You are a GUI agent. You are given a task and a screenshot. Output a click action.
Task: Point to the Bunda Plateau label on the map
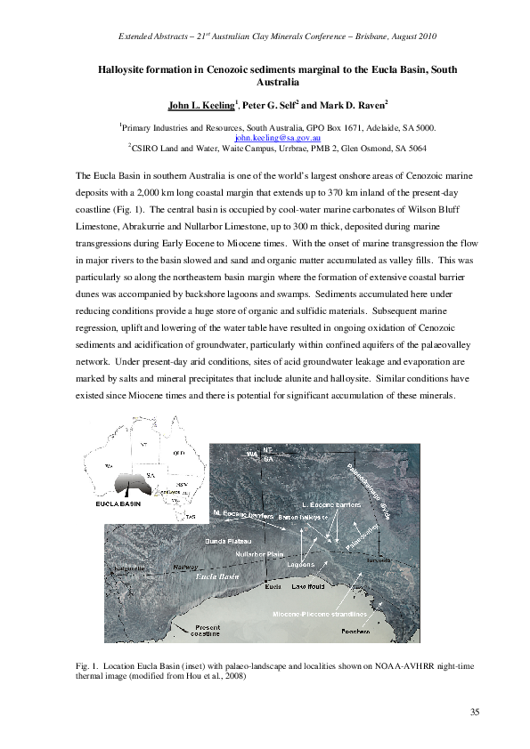pyautogui.click(x=230, y=541)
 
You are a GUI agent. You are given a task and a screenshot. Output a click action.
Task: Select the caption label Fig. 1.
pyautogui.click(x=89, y=664)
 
